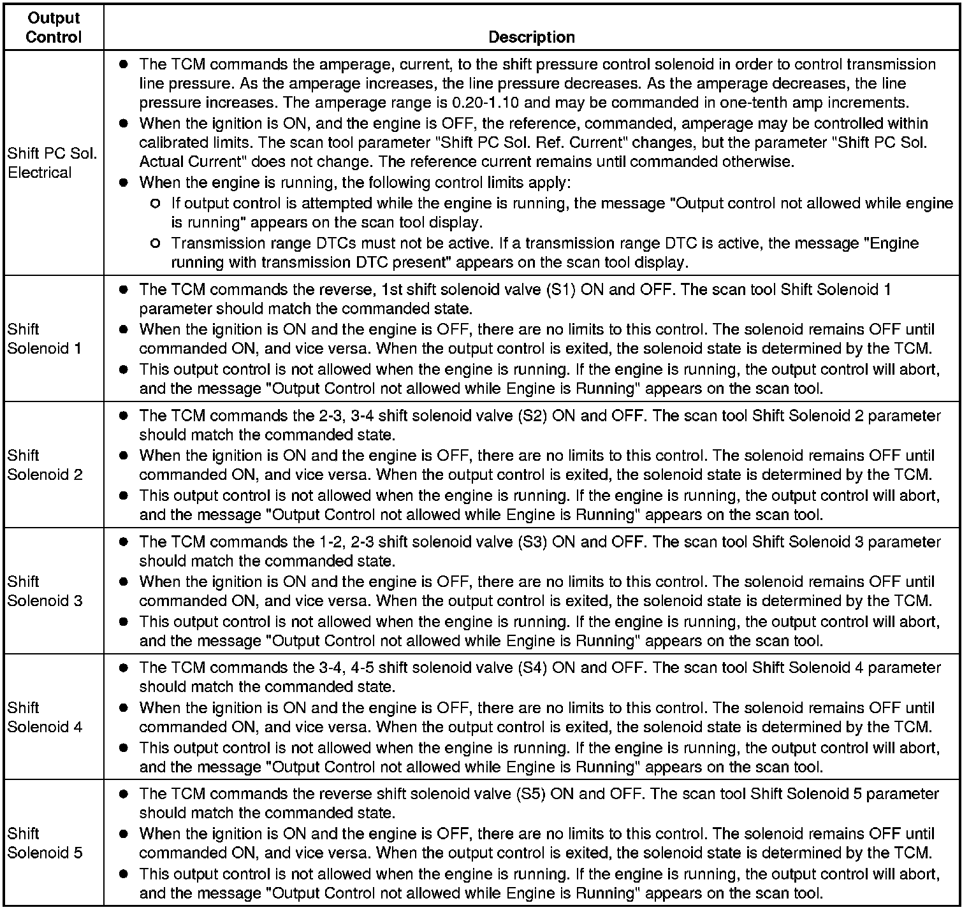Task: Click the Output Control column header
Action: (54, 27)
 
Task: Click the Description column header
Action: (531, 37)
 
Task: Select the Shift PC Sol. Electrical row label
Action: (52, 162)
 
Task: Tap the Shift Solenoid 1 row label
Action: (45, 338)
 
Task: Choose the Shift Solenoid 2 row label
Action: (45, 465)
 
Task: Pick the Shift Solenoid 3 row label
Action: (45, 591)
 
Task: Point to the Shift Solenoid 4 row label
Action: (45, 717)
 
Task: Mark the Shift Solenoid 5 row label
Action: (45, 843)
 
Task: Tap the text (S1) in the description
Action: (560, 290)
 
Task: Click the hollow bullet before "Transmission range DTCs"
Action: (155, 243)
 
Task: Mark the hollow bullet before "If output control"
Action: (155, 204)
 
